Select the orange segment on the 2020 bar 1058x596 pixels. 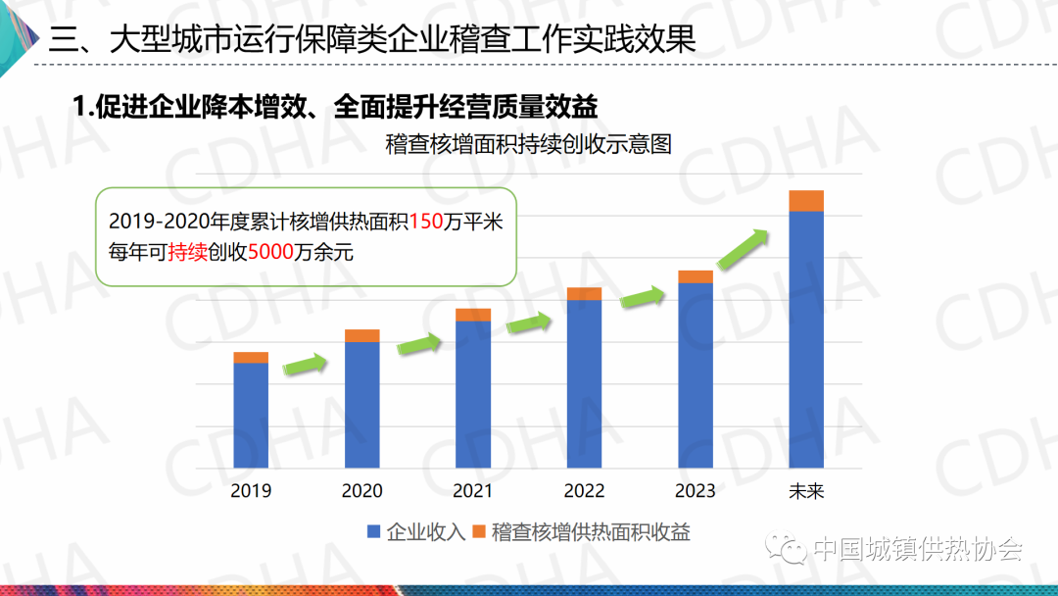coord(362,336)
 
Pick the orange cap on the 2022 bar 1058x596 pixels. coord(584,293)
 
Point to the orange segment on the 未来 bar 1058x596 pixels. coord(806,201)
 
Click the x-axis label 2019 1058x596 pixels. coord(251,491)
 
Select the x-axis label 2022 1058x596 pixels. coord(584,491)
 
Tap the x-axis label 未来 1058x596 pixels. coord(806,491)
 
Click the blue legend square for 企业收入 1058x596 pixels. coord(373,532)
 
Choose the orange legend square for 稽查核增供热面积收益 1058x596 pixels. coord(479,532)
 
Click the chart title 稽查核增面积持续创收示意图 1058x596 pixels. coord(528,145)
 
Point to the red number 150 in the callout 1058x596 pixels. coord(426,222)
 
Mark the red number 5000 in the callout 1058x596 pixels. coord(270,252)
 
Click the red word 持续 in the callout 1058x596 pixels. coord(187,252)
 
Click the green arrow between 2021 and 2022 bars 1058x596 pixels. coord(529,321)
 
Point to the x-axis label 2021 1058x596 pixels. coord(473,491)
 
